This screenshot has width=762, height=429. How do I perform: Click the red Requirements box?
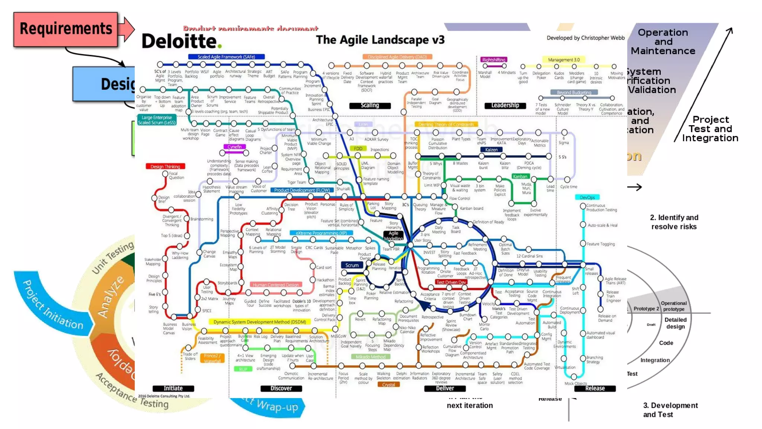pos(66,29)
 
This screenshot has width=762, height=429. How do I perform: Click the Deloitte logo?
pos(181,41)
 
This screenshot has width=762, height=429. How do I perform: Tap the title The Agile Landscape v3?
pos(380,39)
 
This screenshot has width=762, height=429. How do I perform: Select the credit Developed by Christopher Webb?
pos(585,38)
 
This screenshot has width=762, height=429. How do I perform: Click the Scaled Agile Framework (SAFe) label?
pos(226,57)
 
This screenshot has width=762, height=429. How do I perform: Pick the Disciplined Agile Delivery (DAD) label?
pos(397,57)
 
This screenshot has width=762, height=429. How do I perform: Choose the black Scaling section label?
pos(370,105)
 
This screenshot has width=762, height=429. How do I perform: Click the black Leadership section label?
pos(505,105)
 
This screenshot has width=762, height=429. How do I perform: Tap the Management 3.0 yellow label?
pos(564,60)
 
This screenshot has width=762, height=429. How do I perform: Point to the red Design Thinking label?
pos(165,166)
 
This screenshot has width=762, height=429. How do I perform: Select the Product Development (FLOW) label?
pos(302,190)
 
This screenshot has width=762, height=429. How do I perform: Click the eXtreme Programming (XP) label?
pos(321,233)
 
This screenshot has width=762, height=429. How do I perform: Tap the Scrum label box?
pos(352,265)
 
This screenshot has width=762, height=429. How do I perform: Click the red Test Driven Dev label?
pos(451,282)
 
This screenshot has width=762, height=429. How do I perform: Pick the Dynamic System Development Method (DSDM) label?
pos(260,322)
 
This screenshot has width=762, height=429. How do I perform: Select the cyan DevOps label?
pos(587,197)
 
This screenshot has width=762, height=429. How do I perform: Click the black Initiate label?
pos(173,388)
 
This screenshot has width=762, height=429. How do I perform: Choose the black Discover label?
pos(281,388)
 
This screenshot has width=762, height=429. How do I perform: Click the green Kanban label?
pos(520,177)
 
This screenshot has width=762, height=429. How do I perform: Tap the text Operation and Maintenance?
pos(663,41)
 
